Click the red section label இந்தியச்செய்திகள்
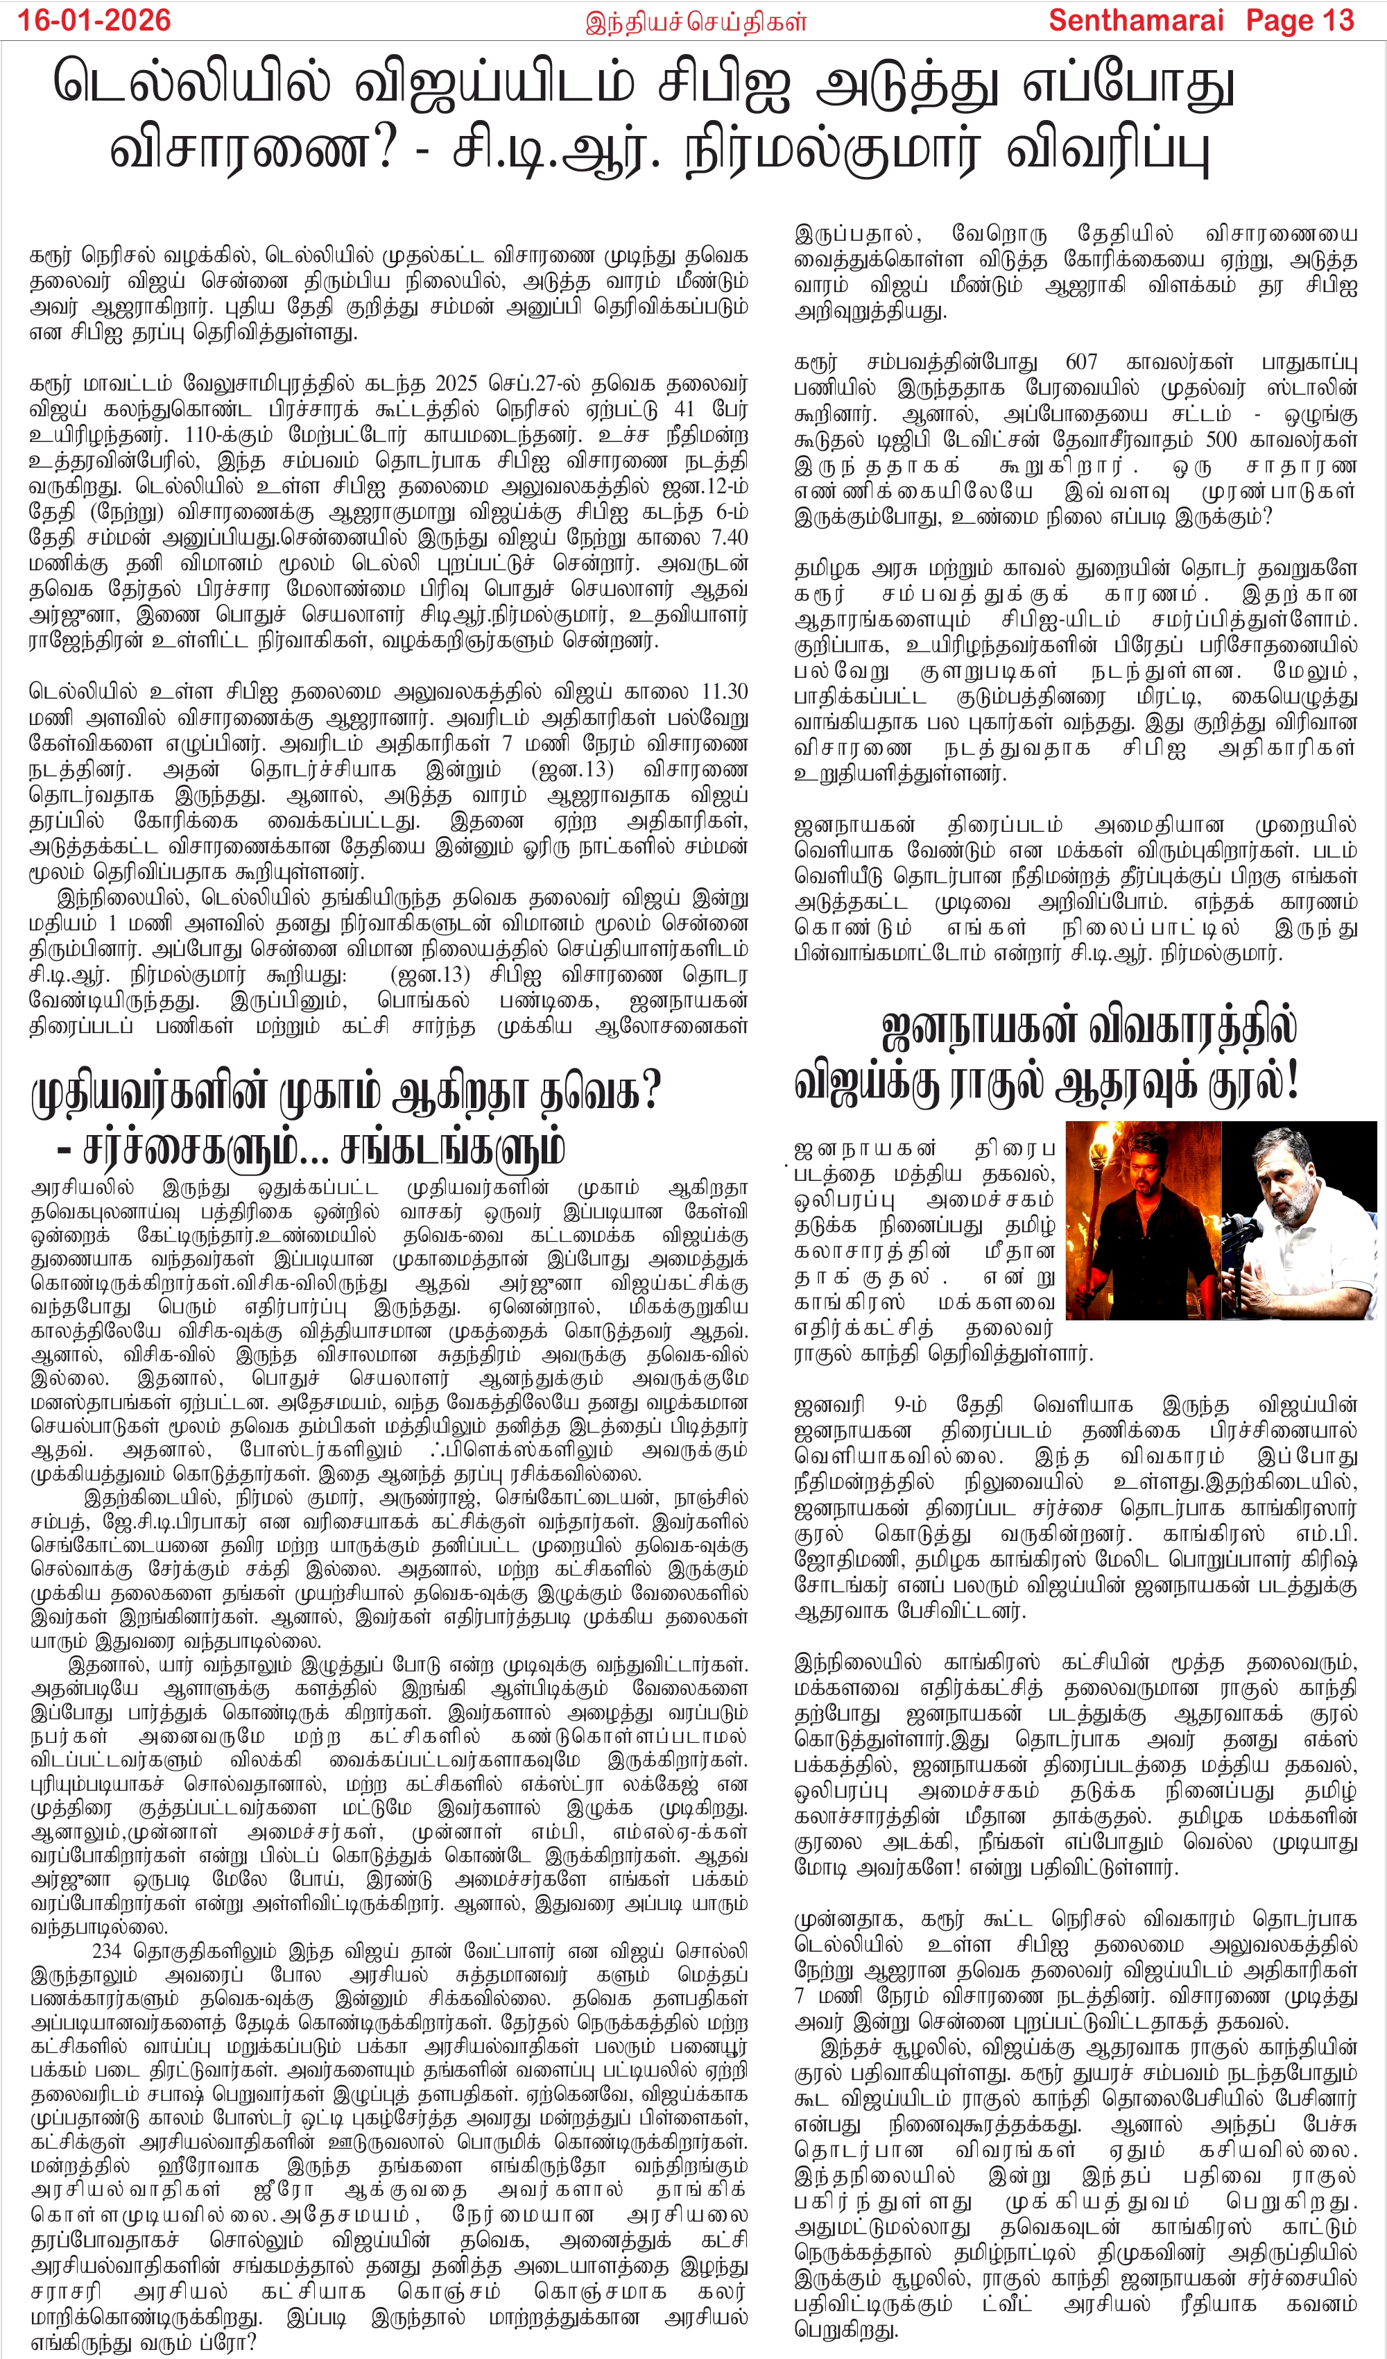pyautogui.click(x=696, y=22)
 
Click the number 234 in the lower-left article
pyautogui.click(x=107, y=1951)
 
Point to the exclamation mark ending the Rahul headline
pyautogui.click(x=1293, y=1081)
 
